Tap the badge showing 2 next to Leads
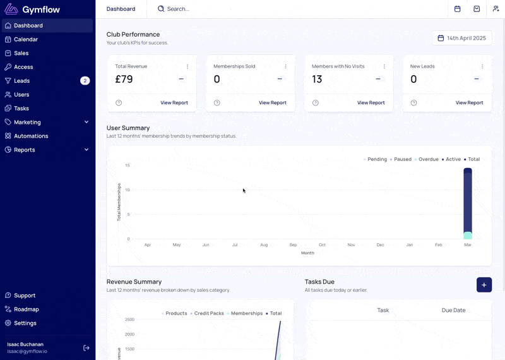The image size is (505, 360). [x=85, y=81]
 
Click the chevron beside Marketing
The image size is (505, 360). [x=86, y=122]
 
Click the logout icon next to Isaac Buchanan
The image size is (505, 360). [x=86, y=348]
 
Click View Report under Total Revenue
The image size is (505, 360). [x=174, y=103]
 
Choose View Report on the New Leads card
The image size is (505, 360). [x=469, y=103]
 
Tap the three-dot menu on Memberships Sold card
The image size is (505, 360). [x=286, y=66]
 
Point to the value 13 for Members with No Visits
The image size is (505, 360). [x=317, y=80]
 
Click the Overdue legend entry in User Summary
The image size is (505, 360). [x=427, y=159]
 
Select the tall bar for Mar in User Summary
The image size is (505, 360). [x=468, y=203]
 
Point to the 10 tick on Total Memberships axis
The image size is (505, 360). [x=128, y=190]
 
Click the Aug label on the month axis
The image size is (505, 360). [x=264, y=245]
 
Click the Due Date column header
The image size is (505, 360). [x=453, y=310]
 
